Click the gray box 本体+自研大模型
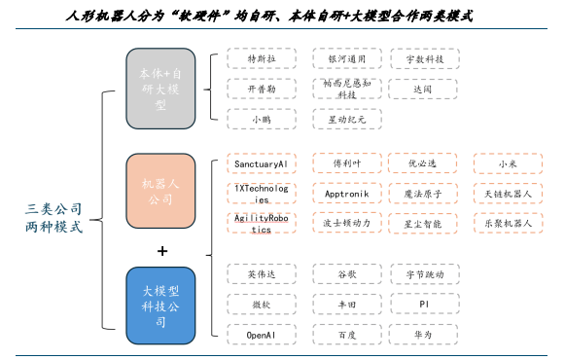[x=162, y=88]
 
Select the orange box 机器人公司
[x=162, y=192]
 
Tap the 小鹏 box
[x=261, y=119]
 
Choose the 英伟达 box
[x=261, y=274]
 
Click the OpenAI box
[x=261, y=334]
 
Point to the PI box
[x=422, y=304]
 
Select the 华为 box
[x=422, y=334]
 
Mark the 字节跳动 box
[x=422, y=274]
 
